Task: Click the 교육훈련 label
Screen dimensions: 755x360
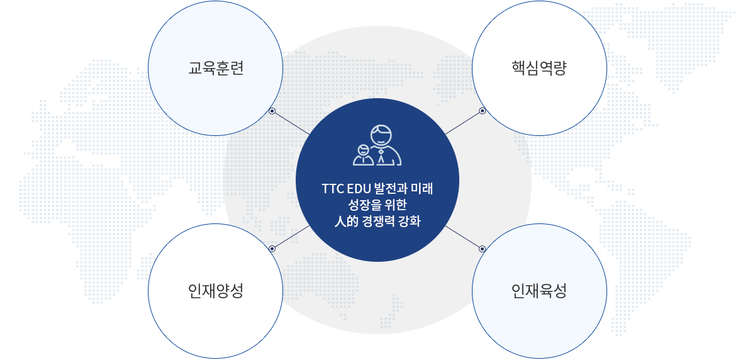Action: (216, 68)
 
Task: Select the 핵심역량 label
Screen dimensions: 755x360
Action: (539, 68)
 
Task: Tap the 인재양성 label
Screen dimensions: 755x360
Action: (216, 291)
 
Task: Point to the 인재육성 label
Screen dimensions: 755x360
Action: (539, 291)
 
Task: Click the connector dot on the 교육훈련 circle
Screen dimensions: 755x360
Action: (272, 111)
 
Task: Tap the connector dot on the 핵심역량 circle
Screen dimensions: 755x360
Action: (483, 111)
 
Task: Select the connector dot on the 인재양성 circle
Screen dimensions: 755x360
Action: (272, 249)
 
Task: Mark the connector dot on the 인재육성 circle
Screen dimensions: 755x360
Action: (483, 249)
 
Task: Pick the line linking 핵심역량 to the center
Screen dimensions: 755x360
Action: (462, 123)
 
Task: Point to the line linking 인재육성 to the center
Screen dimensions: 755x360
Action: (462, 237)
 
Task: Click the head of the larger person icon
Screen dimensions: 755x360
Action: (381, 135)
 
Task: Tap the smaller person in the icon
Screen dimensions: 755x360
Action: (364, 155)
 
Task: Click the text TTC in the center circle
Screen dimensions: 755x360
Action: (333, 189)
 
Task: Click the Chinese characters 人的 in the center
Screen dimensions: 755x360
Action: (346, 221)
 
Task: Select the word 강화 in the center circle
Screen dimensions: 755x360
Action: (410, 221)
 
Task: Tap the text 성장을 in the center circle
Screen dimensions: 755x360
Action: (365, 205)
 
